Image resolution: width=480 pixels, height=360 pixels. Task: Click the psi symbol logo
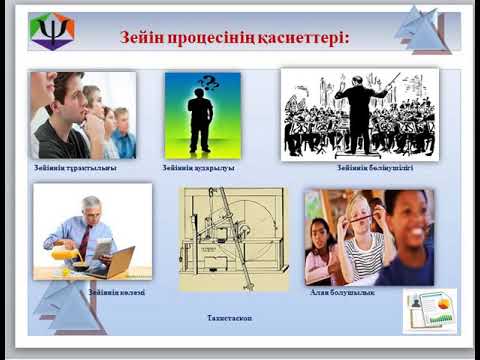click(x=52, y=30)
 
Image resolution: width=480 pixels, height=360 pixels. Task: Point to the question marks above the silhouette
click(x=209, y=83)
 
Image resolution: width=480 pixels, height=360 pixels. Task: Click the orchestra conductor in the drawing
click(x=359, y=100)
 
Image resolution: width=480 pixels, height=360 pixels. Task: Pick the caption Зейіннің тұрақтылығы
click(x=75, y=169)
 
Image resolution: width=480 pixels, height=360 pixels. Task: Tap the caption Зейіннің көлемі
click(x=116, y=292)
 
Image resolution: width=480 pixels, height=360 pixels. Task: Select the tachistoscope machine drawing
click(x=233, y=239)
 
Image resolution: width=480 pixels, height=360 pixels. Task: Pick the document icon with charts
click(x=430, y=311)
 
